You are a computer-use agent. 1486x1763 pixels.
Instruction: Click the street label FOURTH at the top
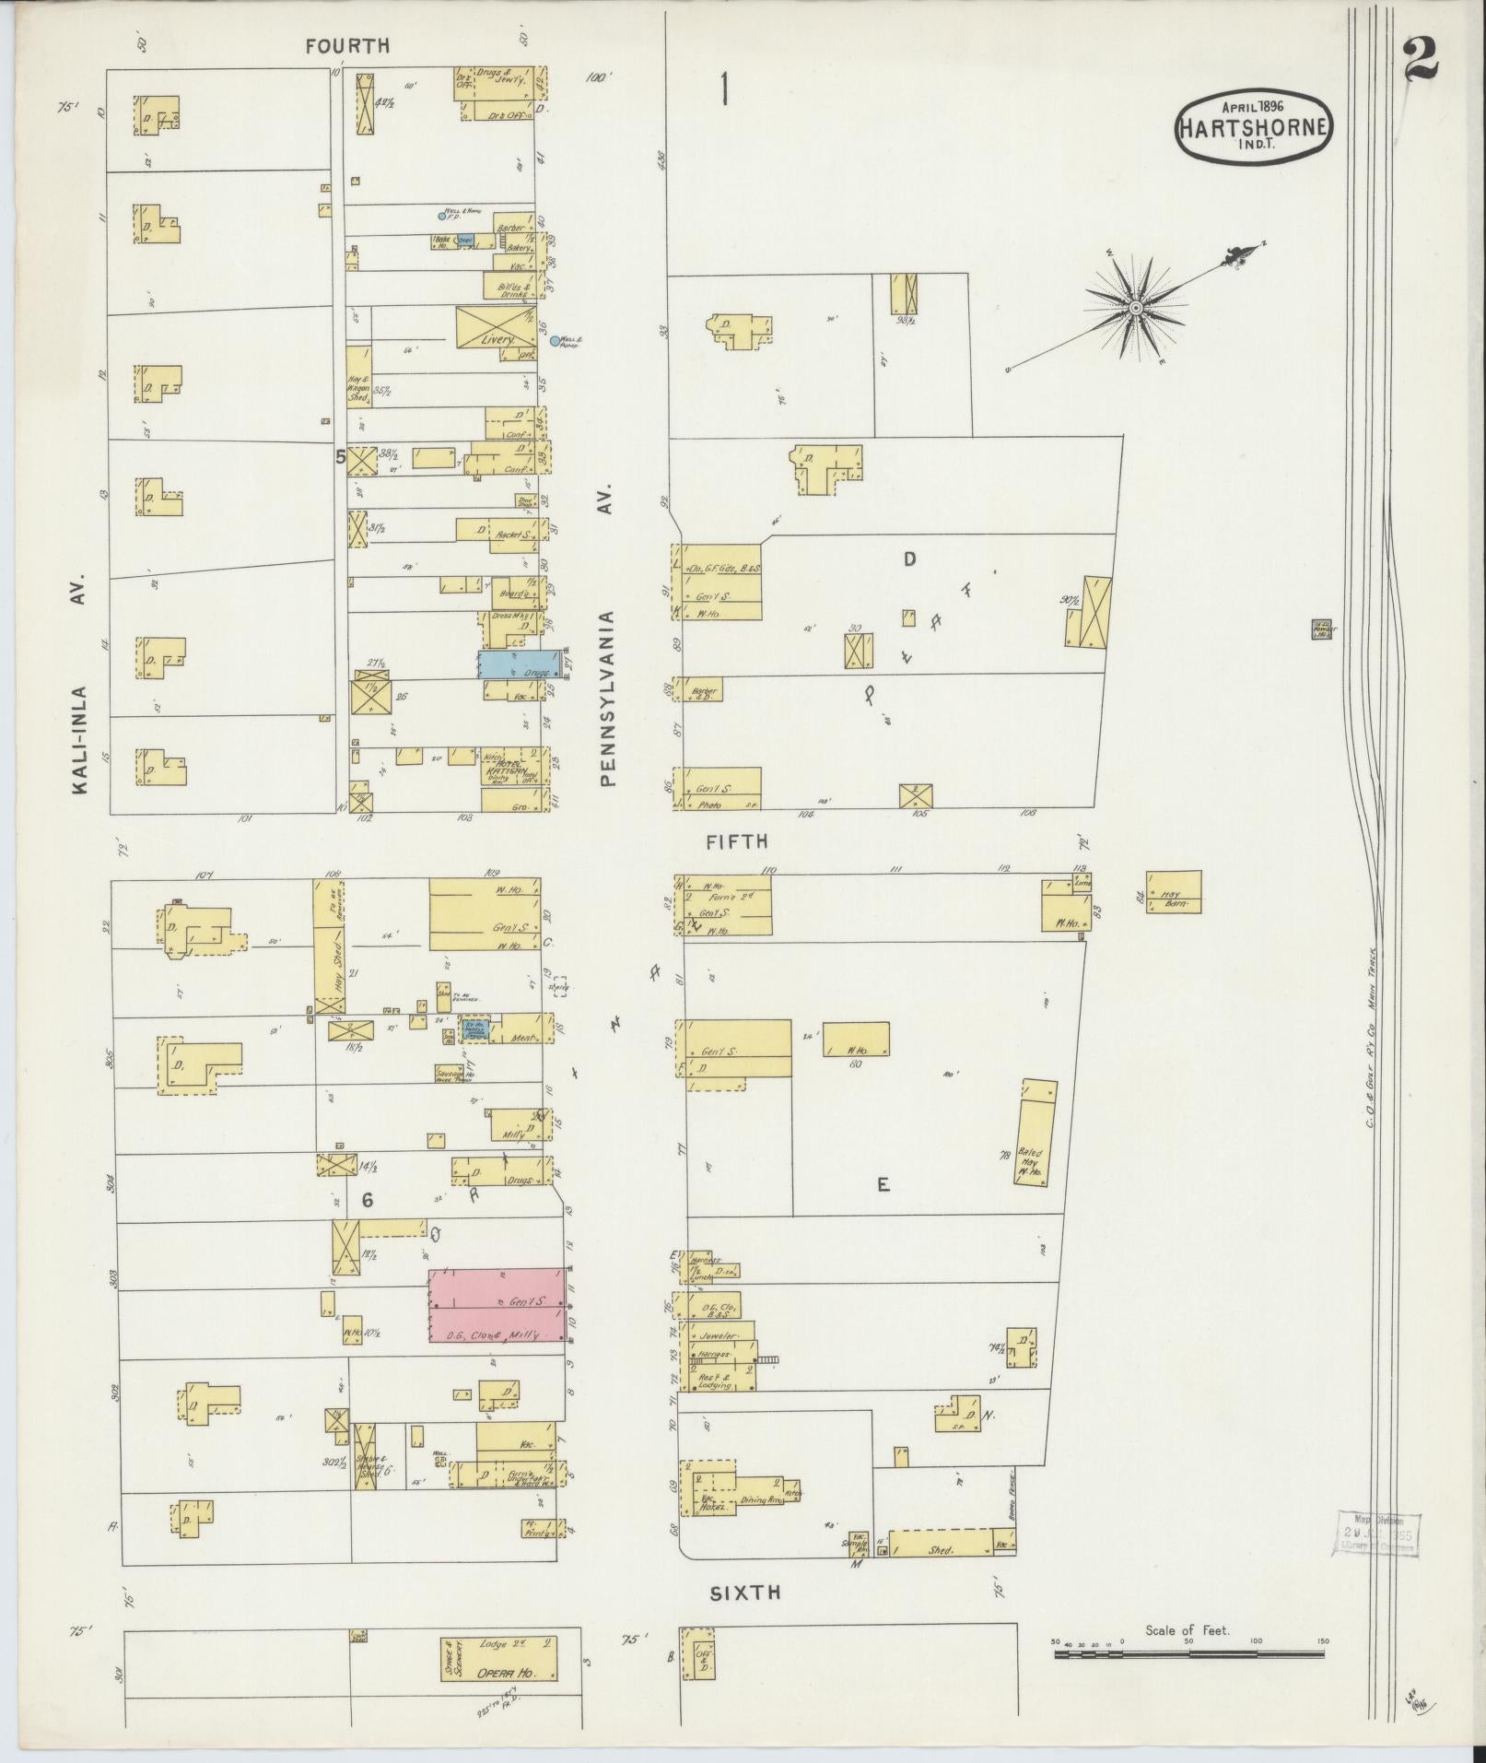coord(349,45)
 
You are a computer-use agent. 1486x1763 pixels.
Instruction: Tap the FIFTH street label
coord(736,841)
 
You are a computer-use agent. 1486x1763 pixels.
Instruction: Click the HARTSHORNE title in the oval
coord(1254,128)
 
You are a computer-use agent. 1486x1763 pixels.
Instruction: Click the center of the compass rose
coord(1136,305)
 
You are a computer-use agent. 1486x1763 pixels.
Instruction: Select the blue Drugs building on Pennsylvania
coord(518,664)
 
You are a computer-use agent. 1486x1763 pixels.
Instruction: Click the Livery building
coord(497,329)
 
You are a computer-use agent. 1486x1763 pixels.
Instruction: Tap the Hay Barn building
coord(1174,892)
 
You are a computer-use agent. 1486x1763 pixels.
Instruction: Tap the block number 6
coord(367,1200)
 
